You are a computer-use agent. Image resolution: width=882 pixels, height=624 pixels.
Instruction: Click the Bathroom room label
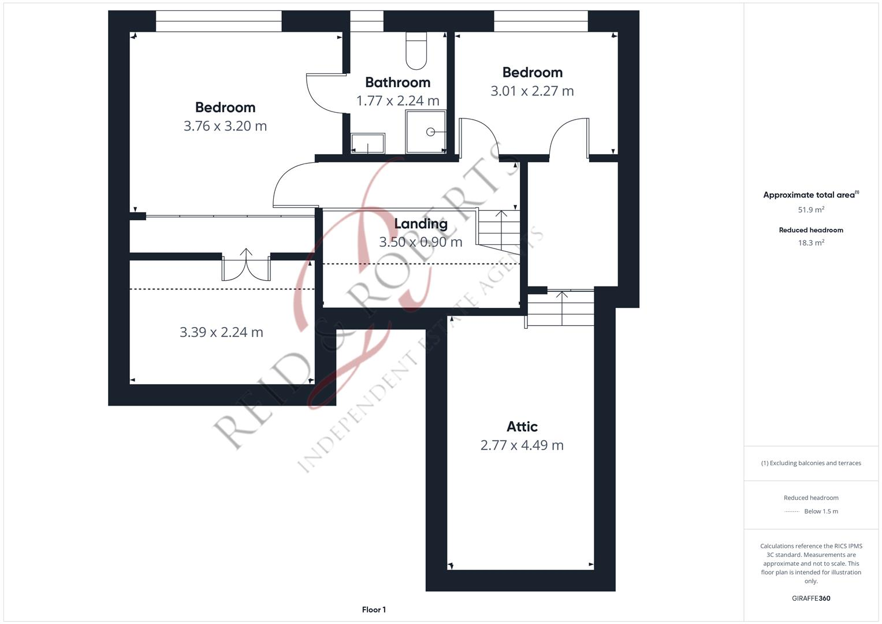397,83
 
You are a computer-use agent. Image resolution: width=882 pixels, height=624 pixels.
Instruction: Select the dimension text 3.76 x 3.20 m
225,126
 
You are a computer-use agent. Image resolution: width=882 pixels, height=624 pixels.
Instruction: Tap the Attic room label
522,426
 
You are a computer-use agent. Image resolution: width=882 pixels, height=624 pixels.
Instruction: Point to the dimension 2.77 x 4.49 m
522,445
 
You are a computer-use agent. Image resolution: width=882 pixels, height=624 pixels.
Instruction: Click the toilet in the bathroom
416,50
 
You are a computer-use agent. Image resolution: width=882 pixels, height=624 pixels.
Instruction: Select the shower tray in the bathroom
426,132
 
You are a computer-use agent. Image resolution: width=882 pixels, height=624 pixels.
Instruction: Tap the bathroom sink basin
368,143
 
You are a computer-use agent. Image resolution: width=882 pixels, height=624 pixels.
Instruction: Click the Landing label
420,224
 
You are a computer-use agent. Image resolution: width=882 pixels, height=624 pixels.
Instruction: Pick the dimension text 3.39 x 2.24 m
221,332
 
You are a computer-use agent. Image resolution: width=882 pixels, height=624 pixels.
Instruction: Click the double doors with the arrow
247,267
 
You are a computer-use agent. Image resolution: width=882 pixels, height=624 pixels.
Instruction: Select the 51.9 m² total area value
811,210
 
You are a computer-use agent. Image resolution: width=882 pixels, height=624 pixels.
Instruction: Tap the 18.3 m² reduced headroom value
811,243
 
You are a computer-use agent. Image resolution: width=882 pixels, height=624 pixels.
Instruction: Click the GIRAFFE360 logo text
811,599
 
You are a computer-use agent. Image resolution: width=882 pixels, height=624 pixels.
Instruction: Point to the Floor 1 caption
374,610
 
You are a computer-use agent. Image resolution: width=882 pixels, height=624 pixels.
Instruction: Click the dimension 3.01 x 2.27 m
532,91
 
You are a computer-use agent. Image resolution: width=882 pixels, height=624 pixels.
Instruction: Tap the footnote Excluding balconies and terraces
811,463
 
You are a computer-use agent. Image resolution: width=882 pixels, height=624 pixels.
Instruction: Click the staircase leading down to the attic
561,308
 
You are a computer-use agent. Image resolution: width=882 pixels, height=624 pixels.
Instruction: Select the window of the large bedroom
218,21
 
